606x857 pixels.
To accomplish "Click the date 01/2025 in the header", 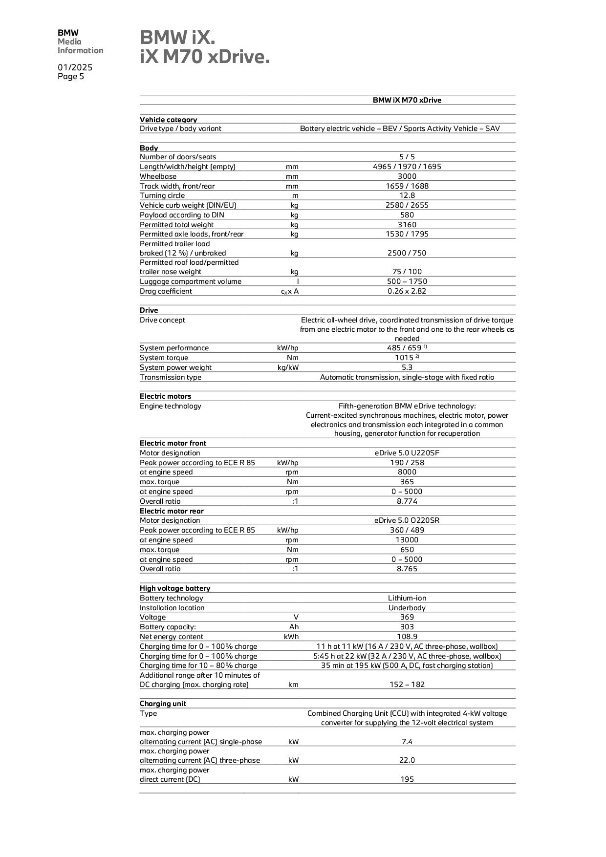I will tap(75, 67).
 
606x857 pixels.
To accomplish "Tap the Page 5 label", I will tap(71, 77).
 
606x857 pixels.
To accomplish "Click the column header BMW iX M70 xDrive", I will tap(407, 100).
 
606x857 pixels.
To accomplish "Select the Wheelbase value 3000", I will tap(407, 176).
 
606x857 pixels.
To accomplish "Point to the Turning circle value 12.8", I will tap(407, 195).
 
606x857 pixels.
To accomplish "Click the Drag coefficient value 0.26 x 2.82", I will tap(407, 291).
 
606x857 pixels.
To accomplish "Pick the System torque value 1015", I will tap(404, 358).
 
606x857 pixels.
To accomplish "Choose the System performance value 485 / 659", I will tap(404, 348).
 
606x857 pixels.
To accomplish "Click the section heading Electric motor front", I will tap(173, 443).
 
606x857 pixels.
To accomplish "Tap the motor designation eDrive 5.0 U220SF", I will tap(407, 453).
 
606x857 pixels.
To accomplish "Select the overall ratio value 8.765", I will tap(407, 569).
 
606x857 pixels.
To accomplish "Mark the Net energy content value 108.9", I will tap(407, 637).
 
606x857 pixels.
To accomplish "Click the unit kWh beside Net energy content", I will tap(291, 637).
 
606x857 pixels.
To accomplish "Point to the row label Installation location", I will tap(172, 608).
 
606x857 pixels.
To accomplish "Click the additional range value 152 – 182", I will tap(407, 685).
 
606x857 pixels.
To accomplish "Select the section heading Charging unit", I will tap(163, 704).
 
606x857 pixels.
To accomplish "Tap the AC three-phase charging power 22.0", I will tap(407, 760).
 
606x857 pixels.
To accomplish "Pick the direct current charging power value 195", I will tap(407, 779).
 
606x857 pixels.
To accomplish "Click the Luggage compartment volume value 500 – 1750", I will tap(407, 281).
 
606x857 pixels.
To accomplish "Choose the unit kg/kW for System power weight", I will tap(288, 367).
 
